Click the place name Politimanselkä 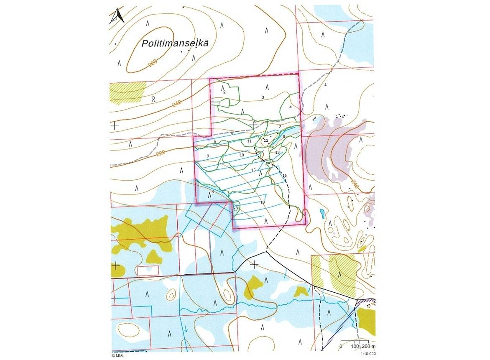point(175,43)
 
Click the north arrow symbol point(117,16)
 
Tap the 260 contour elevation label point(152,63)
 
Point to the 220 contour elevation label point(161,153)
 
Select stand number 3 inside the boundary point(263,98)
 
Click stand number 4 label point(290,107)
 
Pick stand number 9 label point(207,156)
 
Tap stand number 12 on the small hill point(266,140)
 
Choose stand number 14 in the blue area point(212,191)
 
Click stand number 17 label point(236,209)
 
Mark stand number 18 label point(263,202)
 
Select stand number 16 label point(285,176)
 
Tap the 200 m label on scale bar point(368,347)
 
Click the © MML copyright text point(119,356)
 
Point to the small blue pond point(322,214)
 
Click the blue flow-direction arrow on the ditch point(185,329)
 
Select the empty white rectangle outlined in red point(148,271)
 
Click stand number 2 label point(225,92)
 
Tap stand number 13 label point(277,153)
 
